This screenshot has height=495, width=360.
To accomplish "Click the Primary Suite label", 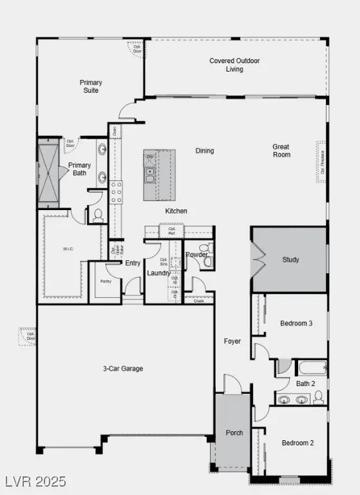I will (90, 87).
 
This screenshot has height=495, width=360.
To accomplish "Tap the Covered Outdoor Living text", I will (234, 65).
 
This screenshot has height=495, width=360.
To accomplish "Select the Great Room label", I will (281, 151).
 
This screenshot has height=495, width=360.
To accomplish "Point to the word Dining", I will (205, 151).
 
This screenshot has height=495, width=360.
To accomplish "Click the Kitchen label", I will (176, 211).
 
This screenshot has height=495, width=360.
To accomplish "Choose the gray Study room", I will (289, 260).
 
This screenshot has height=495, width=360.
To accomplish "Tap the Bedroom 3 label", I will (296, 323).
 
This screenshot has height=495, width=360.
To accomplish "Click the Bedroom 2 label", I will (297, 443).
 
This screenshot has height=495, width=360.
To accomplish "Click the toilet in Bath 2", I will (318, 398).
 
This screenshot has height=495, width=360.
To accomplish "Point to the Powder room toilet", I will (205, 248).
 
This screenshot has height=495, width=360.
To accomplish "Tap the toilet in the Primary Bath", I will (98, 215).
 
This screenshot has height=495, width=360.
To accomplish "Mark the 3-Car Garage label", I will (122, 369).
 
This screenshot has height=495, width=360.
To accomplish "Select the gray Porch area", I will (232, 432).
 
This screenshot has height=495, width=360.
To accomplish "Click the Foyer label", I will (232, 341).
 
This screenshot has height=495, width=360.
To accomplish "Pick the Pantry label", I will (106, 282).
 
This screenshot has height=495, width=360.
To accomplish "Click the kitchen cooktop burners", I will (117, 192).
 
